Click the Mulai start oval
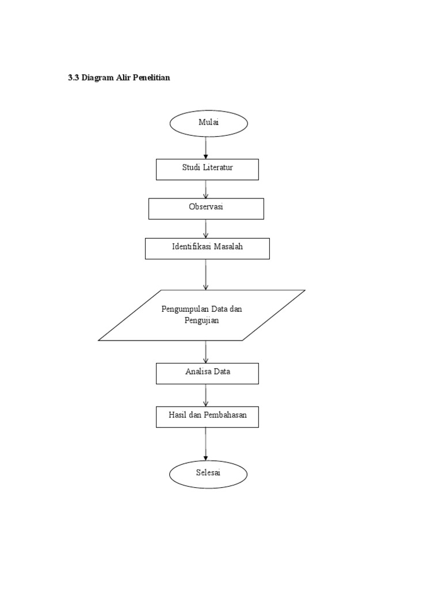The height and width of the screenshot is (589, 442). (208, 124)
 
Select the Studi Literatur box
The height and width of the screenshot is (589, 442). (207, 169)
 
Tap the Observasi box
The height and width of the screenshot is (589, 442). (206, 208)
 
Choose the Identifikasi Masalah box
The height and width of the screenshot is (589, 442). (207, 248)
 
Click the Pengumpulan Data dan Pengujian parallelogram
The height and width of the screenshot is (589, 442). (201, 315)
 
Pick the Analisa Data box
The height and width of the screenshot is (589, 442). (207, 373)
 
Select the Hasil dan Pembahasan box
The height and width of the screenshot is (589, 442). (207, 416)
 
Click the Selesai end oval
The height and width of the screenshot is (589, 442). (208, 473)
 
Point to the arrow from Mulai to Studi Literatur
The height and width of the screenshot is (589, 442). (206, 148)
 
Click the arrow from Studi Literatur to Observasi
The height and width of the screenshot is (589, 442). (206, 189)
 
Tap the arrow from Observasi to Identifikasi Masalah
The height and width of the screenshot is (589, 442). (206, 229)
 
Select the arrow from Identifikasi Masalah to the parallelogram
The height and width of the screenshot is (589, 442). (206, 274)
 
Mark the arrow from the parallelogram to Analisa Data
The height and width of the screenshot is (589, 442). (206, 352)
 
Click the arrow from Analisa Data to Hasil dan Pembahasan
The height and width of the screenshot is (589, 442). (206, 395)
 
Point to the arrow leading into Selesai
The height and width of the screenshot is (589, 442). (206, 444)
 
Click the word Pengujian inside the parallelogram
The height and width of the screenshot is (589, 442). (201, 321)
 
